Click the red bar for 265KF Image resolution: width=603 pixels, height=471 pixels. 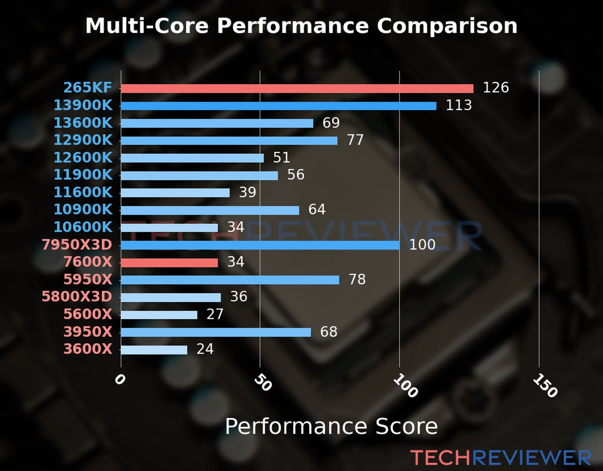pos(297,89)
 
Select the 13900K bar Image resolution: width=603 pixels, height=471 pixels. pos(278,106)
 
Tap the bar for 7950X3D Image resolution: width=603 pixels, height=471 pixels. pos(260,245)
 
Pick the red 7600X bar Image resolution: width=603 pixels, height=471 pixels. pos(169,263)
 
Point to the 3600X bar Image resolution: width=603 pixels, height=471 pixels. pos(154,350)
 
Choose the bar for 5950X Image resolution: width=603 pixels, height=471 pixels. pos(230,280)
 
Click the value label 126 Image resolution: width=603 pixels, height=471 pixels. pos(495,88)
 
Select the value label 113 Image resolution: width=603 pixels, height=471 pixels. pos(459,105)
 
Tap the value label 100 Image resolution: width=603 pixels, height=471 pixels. pos(422,245)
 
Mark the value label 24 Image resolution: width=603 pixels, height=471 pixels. pos(205,349)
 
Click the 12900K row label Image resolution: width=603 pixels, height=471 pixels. pos(83,140)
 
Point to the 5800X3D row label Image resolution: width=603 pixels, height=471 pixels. pos(77,296)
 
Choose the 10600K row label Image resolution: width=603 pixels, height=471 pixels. pos(83,227)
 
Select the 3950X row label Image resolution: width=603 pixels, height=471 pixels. pos(88,332)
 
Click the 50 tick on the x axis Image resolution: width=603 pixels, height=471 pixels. pos(263,383)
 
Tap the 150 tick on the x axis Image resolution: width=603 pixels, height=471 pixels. pos(545,385)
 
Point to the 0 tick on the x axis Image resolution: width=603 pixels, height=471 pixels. pos(120,380)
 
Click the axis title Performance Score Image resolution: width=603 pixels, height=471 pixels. pos(331,426)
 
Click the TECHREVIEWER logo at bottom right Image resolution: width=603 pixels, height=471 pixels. pos(501,458)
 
